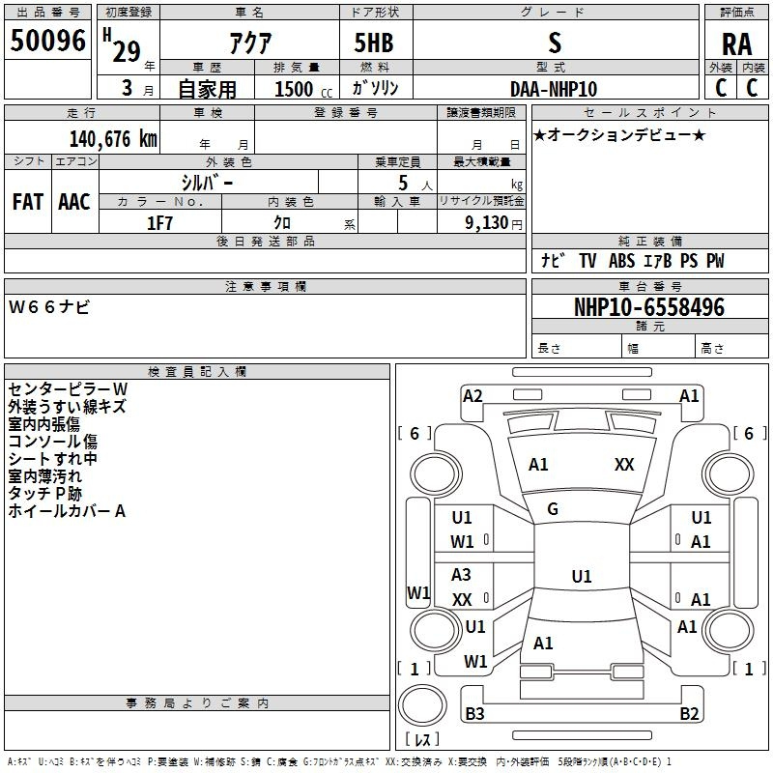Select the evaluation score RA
tap(736, 43)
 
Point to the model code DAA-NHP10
tap(554, 89)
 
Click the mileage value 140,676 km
tap(113, 139)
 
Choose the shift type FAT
tap(27, 202)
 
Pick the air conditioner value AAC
tap(74, 202)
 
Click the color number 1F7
tap(159, 222)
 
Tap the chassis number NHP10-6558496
tap(648, 307)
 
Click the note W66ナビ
tap(49, 306)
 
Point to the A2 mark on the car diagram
tap(472, 395)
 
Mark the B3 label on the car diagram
tap(474, 714)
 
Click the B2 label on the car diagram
tap(689, 714)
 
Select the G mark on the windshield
tap(553, 508)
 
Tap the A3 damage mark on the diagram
tap(462, 575)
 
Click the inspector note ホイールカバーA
tap(67, 511)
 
